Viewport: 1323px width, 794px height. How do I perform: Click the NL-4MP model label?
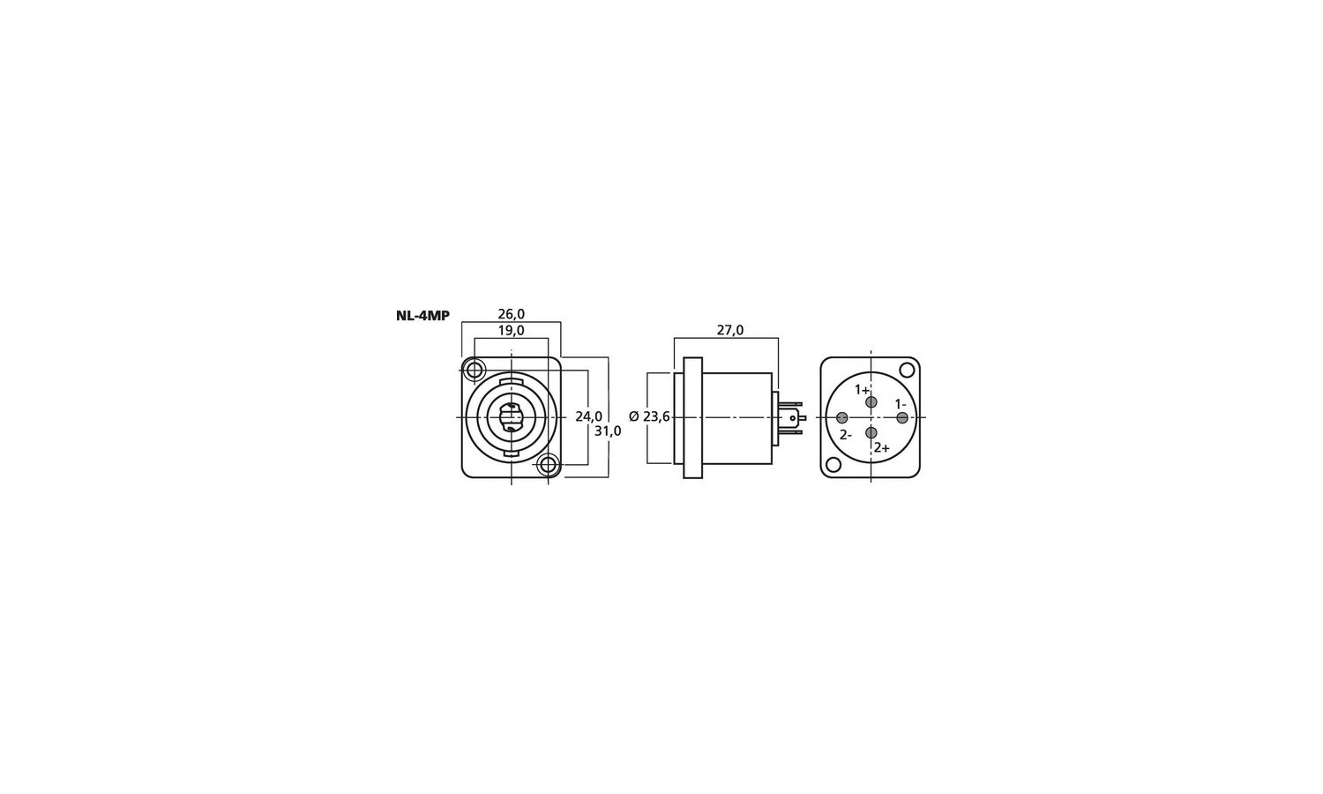[422, 316]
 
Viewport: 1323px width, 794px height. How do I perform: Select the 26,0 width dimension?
[511, 314]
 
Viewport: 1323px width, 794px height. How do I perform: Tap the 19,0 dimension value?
[511, 330]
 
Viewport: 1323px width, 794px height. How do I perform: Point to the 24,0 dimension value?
[589, 416]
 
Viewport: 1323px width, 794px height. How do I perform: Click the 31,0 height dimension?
[608, 431]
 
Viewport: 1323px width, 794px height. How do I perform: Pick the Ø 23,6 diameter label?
[650, 417]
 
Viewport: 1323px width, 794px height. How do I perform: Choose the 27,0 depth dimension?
[730, 330]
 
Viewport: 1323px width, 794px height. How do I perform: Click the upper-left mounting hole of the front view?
[474, 371]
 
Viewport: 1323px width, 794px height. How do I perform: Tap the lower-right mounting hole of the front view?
[549, 465]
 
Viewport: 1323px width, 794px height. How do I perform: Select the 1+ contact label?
[863, 390]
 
